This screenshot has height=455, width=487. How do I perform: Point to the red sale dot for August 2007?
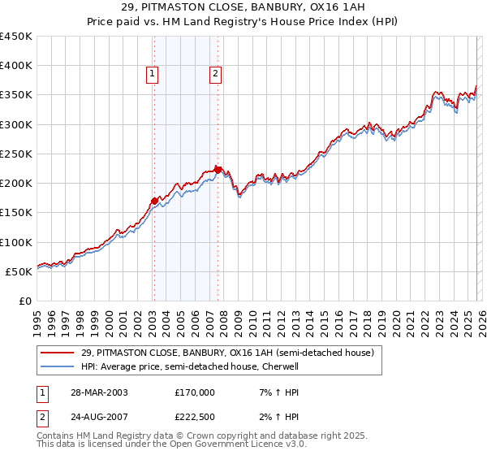218,170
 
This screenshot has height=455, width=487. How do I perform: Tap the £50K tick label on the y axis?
19,271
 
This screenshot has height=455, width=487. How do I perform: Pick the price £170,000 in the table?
194,392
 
